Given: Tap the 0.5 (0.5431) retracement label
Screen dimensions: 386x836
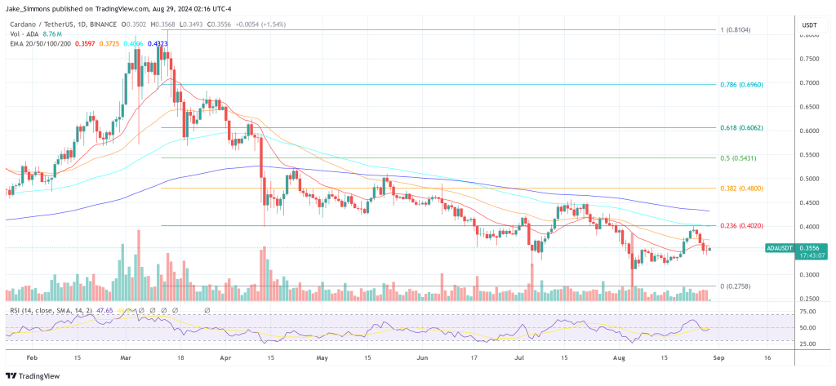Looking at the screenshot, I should tap(740, 158).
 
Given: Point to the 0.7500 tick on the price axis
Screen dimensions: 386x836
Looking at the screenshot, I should tap(809, 59).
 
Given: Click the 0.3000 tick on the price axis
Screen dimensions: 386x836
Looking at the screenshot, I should tap(809, 275).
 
